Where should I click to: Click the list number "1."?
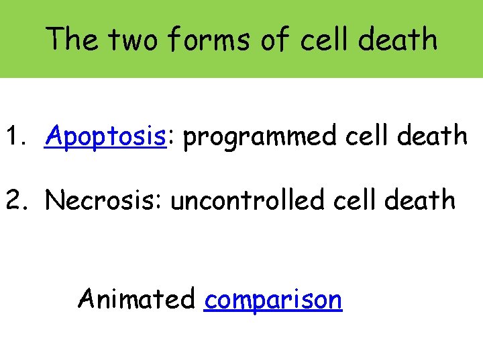pyautogui.click(x=18, y=136)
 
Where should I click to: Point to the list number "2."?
pyautogui.click(x=18, y=200)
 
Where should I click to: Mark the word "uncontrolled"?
pyautogui.click(x=247, y=200)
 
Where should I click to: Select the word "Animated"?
pyautogui.click(x=136, y=298)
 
